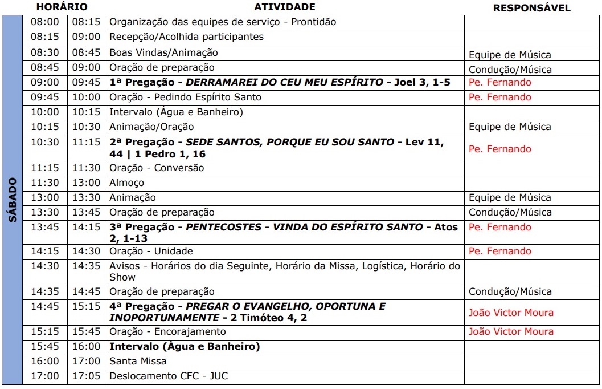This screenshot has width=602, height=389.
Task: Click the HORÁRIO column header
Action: [62, 7]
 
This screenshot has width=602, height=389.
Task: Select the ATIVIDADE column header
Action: [284, 7]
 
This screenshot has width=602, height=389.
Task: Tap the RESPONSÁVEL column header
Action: [531, 8]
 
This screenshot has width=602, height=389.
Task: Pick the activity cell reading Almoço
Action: [127, 183]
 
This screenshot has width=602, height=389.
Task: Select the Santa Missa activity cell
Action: [138, 361]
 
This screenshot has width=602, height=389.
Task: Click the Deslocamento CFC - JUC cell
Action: [169, 376]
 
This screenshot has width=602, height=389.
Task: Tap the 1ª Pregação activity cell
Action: [280, 82]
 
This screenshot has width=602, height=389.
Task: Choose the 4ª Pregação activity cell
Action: [247, 312]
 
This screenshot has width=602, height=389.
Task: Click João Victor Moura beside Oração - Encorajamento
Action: [511, 331]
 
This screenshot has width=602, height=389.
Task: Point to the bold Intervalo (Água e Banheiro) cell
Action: [185, 346]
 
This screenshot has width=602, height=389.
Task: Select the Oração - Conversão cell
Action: [157, 168]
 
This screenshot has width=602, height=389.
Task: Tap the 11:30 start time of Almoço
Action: [44, 183]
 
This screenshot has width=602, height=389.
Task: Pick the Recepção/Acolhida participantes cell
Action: [186, 37]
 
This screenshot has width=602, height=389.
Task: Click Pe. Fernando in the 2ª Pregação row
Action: [499, 149]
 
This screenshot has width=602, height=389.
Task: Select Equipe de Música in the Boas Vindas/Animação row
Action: [510, 55]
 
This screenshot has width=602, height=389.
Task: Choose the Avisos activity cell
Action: [285, 272]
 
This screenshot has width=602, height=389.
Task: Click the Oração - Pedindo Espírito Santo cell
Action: [185, 97]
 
